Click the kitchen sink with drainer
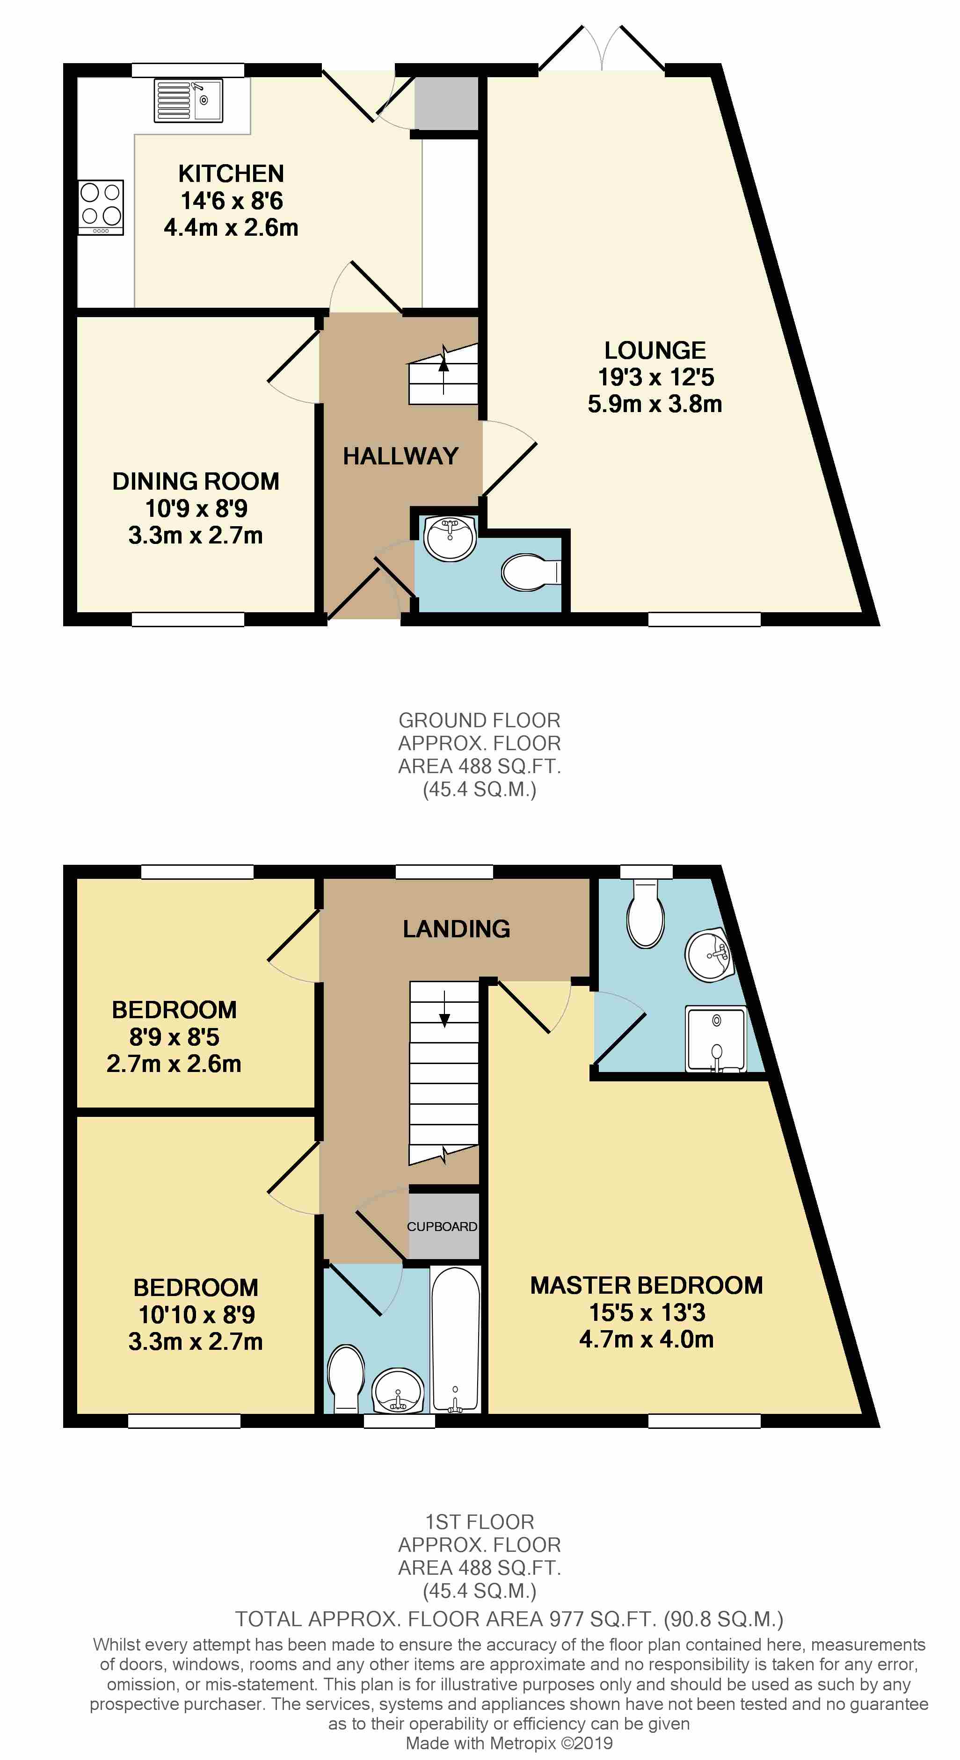(x=189, y=101)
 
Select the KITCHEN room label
(x=231, y=174)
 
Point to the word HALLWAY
(x=400, y=456)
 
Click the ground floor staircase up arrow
(x=444, y=369)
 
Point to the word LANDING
(x=457, y=928)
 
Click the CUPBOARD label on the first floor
(x=442, y=1226)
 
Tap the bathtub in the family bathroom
(x=456, y=1339)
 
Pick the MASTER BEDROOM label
(x=647, y=1285)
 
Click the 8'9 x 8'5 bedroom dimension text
(x=174, y=1036)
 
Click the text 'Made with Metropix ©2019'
(x=509, y=1743)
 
